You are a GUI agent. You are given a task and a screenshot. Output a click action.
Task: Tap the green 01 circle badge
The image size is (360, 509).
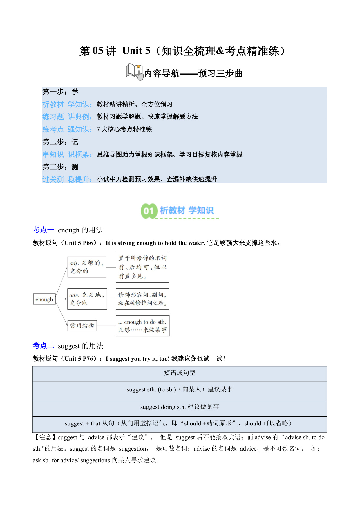coord(149,211)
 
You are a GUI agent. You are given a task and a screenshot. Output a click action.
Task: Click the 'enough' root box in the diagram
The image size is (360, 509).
coord(44,299)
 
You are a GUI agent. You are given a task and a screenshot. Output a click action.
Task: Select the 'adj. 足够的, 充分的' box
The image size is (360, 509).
coord(86,267)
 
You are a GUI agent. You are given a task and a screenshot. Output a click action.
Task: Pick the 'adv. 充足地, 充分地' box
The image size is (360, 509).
coord(87,299)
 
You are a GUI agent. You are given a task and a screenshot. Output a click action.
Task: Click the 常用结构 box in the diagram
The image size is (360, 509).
coord(82,326)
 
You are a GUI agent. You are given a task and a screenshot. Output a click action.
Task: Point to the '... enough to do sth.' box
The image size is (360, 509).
coord(142,326)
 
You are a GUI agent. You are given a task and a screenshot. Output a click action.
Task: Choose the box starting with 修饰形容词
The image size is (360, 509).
coord(142,299)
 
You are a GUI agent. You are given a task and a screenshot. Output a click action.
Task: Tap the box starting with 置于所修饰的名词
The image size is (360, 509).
coord(142,267)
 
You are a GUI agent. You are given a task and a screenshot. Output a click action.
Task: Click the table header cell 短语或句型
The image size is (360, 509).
coord(180,373)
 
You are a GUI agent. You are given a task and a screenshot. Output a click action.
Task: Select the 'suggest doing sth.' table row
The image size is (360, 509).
coord(180,407)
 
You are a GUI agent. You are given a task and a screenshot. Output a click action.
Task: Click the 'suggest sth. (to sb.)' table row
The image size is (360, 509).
coord(180,390)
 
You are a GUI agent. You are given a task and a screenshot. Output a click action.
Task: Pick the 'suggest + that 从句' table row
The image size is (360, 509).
coord(180,424)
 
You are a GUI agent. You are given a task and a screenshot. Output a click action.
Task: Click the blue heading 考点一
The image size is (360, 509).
coord(44,230)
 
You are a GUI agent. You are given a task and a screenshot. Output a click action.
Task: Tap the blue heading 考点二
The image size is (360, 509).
coord(44,346)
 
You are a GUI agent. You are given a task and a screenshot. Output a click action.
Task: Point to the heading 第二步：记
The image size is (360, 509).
coord(60,142)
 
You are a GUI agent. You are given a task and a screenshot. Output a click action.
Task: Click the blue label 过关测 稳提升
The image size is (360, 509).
coord(67,180)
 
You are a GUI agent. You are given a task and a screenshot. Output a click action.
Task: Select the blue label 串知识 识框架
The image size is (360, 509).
coord(67,155)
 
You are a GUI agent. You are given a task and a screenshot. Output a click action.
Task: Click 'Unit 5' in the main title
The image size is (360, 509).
coord(136,51)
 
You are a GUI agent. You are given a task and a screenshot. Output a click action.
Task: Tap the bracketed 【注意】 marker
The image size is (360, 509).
coord(45,438)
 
